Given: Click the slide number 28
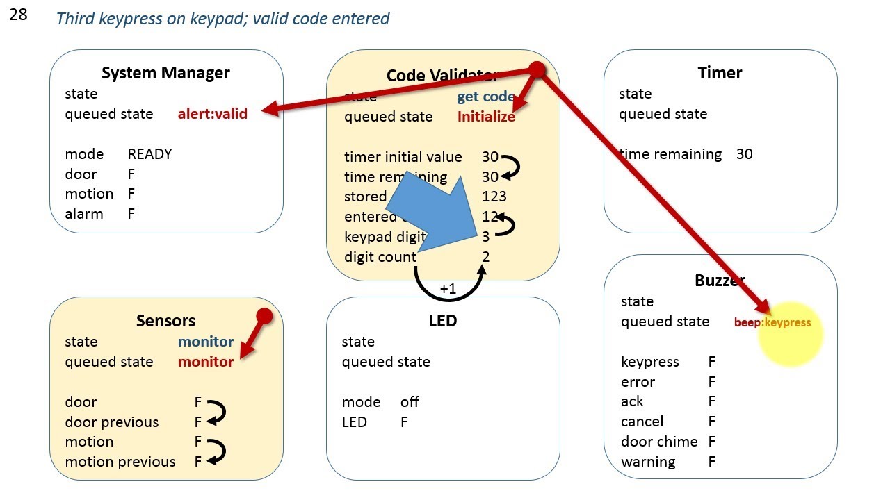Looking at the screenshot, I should [18, 15].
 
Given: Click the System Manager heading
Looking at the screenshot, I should [165, 73].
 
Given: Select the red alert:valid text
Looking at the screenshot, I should [212, 114].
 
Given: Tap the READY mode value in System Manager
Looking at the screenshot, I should [149, 154].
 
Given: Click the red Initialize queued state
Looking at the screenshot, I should [486, 117].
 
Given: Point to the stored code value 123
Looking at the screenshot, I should [494, 197].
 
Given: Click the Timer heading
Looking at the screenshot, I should [720, 73].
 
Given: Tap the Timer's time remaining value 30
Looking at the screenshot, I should [744, 154].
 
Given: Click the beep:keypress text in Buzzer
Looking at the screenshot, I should [772, 322].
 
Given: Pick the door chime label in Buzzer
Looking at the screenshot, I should [658, 442].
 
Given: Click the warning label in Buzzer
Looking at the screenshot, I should [647, 462].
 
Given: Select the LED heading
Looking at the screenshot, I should [443, 321].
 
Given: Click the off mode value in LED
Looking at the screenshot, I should [410, 402].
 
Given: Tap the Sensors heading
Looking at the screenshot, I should [165, 321].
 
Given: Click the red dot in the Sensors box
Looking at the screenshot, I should [264, 317].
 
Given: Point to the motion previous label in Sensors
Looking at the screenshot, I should [120, 462].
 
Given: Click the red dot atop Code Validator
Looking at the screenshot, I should [537, 69].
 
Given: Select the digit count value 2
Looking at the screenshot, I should [486, 257].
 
